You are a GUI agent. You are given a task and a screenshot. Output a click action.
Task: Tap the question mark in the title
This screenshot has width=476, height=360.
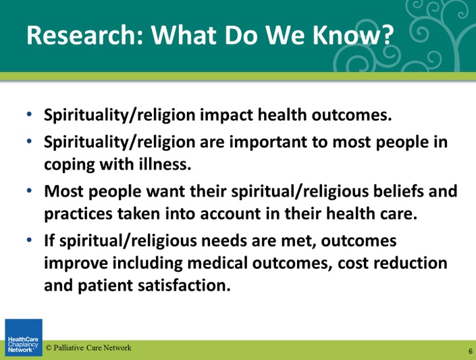pos(386,34)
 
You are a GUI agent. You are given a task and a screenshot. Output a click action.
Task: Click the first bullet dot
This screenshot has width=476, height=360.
pos(29,115)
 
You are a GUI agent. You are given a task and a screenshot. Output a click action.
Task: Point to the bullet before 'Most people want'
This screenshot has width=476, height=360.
pos(29,190)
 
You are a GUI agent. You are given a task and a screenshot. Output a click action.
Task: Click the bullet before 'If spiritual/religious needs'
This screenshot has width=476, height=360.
pos(29,240)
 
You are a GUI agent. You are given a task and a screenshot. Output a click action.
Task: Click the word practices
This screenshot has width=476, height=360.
pos(78,214)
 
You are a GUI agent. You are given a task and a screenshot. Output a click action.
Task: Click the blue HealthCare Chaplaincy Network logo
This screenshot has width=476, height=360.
pos(24,337)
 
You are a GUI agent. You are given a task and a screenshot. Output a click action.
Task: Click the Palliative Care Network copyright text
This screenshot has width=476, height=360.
pos(88,348)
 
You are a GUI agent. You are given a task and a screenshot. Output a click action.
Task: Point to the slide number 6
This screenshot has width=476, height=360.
pos(471,351)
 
